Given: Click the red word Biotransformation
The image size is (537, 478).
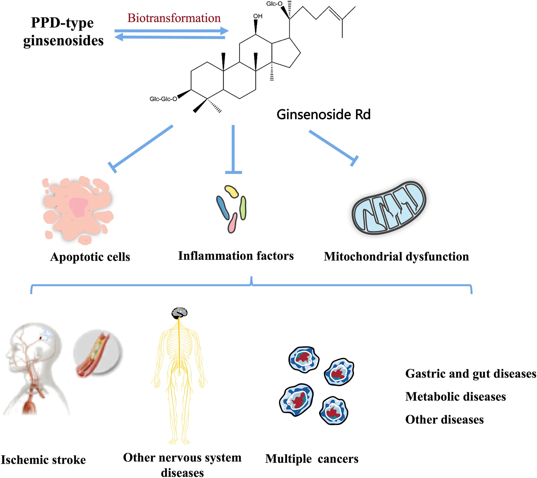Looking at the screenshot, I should click(x=174, y=18).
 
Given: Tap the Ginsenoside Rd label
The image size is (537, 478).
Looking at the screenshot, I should click(x=323, y=115).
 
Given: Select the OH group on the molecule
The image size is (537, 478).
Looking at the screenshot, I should click(x=258, y=16).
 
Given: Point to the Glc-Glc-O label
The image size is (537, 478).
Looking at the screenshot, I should click(x=163, y=99).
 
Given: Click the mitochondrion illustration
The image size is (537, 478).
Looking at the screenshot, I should click(x=389, y=208).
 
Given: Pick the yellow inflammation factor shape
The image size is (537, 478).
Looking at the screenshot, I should click(x=232, y=191).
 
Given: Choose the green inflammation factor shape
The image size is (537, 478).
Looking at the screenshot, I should click(x=243, y=208).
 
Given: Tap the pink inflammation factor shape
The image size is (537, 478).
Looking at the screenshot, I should click(x=232, y=223).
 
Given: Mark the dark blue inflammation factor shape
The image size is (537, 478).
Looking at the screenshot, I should click(x=222, y=208).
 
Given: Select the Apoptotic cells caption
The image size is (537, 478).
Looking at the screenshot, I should click(x=90, y=257).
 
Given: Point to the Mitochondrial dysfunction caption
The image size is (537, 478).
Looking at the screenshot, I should click(x=396, y=257).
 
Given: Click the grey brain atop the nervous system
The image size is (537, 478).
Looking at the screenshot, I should click(x=179, y=312).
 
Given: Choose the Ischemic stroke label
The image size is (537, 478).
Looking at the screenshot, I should click(x=43, y=460).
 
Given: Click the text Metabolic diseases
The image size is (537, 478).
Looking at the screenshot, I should click(x=455, y=397).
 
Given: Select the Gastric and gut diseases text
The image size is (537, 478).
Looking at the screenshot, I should click(x=471, y=374).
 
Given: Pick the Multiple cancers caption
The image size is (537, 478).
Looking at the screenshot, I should click(x=312, y=459).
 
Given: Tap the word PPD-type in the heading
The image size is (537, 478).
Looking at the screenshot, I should click(x=62, y=23).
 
